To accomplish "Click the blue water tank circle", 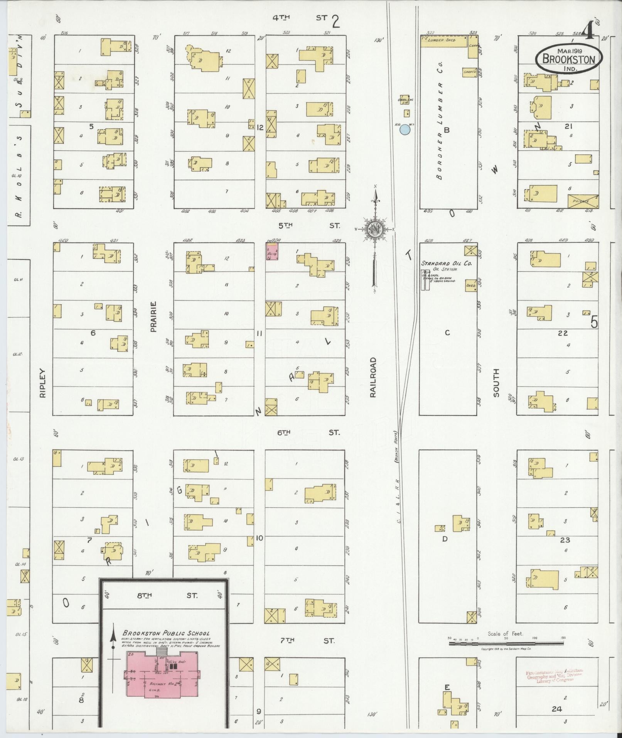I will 405,130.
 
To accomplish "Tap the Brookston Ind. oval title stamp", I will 569,59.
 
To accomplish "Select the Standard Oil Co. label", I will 447,263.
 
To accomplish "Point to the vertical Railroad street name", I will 373,377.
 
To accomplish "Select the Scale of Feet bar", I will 505,643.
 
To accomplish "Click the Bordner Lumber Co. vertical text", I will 440,121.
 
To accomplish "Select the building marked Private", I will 583,201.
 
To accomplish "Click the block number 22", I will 563,333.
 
